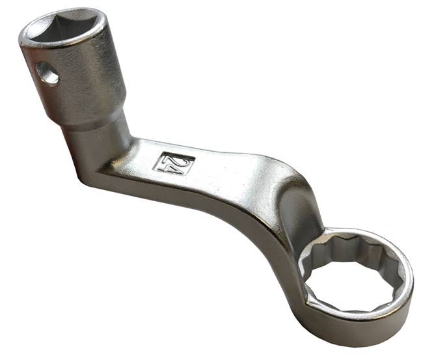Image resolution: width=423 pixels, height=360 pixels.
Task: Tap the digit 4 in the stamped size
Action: [x=167, y=161]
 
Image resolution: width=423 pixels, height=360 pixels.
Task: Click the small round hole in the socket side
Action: [x=47, y=76]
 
